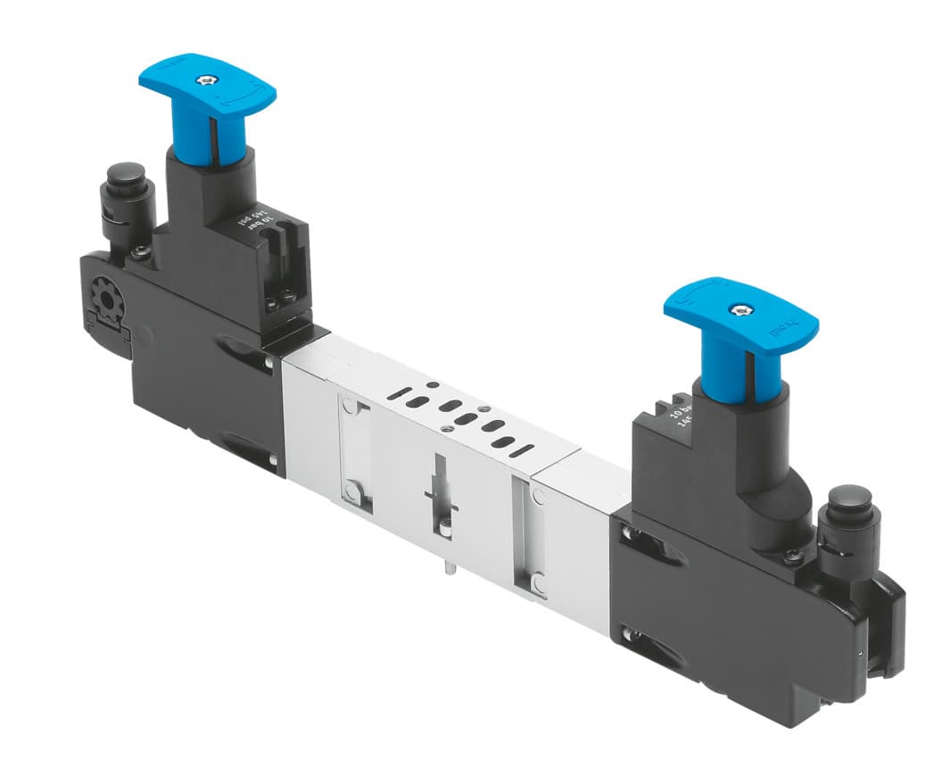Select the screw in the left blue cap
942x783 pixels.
point(208,80)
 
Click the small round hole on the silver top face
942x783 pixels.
point(433,384)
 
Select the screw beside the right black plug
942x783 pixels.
point(793,557)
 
